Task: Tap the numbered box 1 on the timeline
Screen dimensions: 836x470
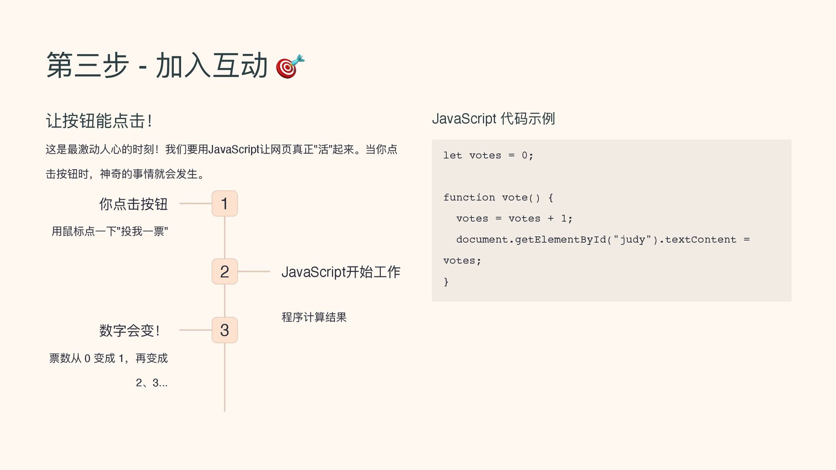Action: point(225,203)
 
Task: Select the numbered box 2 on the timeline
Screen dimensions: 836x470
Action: point(225,272)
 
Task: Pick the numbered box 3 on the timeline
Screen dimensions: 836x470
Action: point(225,330)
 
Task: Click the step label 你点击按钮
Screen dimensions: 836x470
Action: point(133,204)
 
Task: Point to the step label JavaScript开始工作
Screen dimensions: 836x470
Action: point(340,272)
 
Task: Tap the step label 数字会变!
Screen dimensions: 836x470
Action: point(130,331)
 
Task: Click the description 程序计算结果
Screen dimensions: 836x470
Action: point(314,317)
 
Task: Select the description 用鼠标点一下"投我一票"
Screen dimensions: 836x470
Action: point(110,231)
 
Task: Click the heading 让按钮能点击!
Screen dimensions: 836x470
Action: point(99,121)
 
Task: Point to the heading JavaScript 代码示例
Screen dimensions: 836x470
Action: point(493,118)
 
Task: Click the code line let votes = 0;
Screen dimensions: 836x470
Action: point(488,155)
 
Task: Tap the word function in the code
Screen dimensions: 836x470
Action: point(469,198)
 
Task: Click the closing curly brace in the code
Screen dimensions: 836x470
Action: point(446,282)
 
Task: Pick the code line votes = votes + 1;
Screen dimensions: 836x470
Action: point(514,218)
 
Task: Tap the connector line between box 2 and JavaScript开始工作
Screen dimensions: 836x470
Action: point(254,272)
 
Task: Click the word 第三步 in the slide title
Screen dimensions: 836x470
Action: point(88,66)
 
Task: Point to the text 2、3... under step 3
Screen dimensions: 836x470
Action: point(152,383)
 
